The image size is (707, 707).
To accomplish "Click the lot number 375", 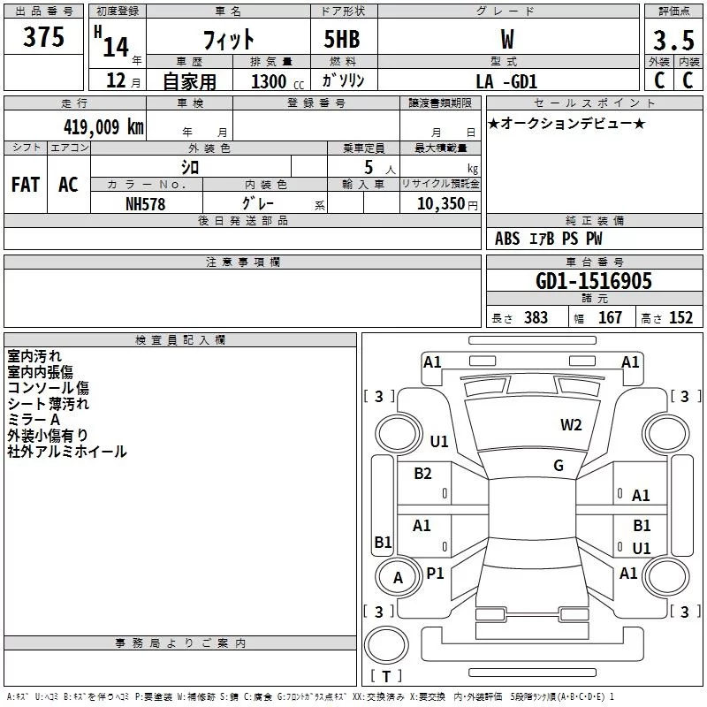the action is (44, 37).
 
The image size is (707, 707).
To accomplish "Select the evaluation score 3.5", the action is (673, 41).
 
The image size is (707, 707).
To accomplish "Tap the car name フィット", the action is (228, 39).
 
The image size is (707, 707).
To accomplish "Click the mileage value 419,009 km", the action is (103, 127).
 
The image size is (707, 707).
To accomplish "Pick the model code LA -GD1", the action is (505, 81).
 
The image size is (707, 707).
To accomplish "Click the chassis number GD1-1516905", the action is (594, 282).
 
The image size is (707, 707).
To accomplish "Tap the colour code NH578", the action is (146, 203).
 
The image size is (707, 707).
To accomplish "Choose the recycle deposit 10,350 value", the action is (439, 203).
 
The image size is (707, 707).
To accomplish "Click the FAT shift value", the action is (26, 184).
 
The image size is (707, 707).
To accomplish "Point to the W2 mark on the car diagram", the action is (571, 425).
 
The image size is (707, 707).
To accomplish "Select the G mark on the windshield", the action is (559, 466).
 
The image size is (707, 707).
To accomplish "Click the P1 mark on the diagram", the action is (435, 573).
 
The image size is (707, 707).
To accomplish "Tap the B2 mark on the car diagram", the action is (422, 474).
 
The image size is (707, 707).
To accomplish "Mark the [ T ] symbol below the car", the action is (386, 677).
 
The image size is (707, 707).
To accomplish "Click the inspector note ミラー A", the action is (34, 419).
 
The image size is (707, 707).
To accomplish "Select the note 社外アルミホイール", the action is (67, 452).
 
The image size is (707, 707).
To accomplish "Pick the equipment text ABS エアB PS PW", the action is (550, 239).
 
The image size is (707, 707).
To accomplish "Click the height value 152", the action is (680, 318).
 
